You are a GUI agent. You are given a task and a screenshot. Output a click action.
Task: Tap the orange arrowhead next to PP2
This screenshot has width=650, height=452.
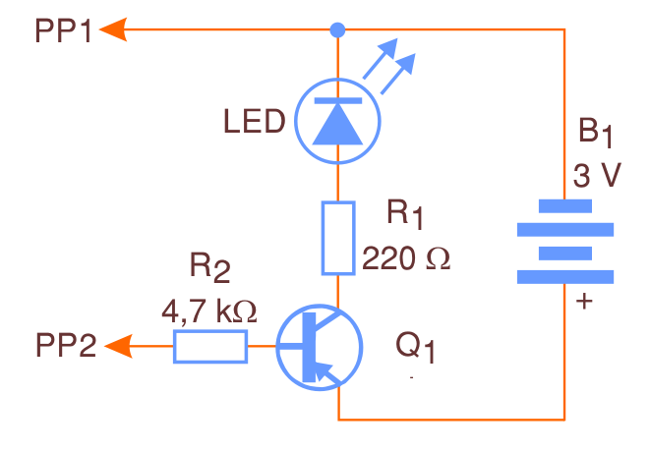click(x=117, y=346)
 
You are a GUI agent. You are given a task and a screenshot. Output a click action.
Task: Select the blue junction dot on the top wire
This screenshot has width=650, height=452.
click(x=338, y=30)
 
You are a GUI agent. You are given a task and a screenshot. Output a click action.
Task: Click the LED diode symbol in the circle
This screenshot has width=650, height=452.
click(x=337, y=121)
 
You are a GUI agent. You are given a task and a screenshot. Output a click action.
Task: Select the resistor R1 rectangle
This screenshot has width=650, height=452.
click(x=338, y=238)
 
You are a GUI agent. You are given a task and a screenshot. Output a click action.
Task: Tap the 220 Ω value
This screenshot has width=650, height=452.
click(x=405, y=258)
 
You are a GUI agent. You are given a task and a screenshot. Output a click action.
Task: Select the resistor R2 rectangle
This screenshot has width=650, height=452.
click(x=209, y=346)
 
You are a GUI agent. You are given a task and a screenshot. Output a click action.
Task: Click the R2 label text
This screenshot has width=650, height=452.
click(x=209, y=267)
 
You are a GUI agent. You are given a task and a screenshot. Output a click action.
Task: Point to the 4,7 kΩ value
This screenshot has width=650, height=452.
click(x=208, y=311)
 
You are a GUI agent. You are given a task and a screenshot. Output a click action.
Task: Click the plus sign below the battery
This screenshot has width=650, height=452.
click(x=585, y=302)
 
